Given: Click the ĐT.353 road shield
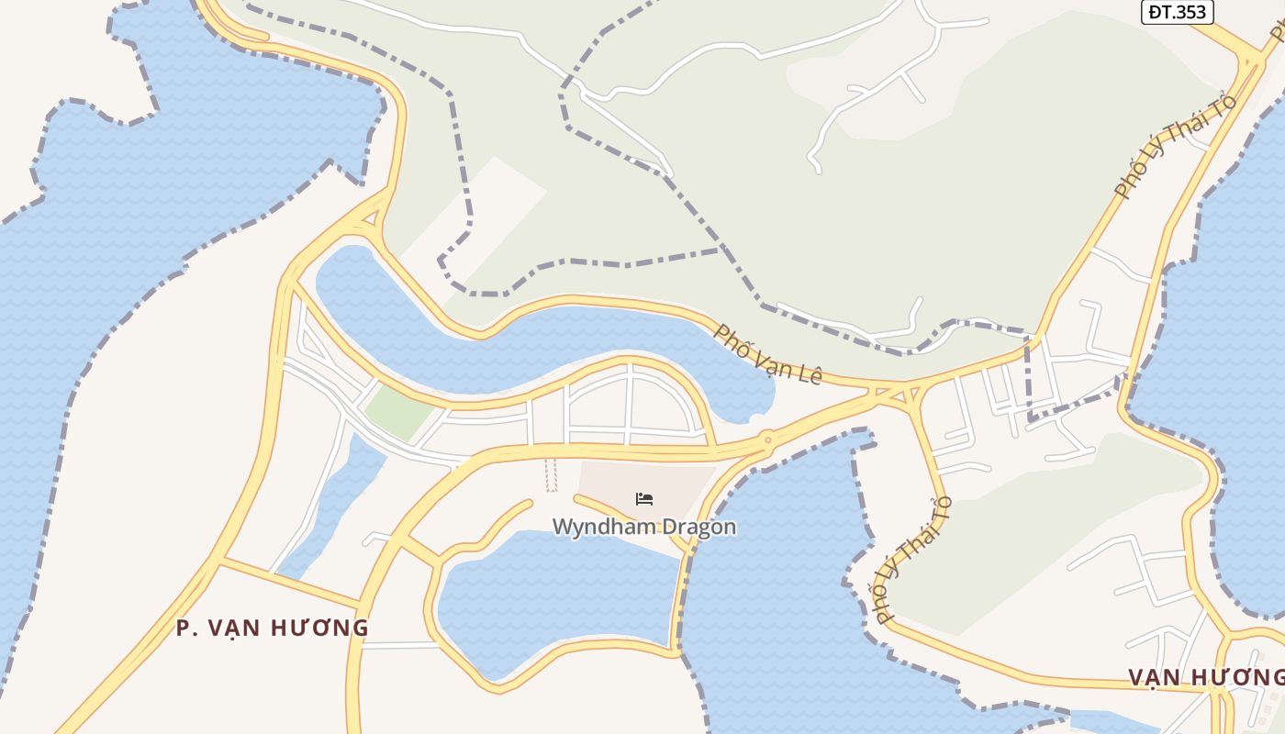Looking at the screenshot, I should (x=1178, y=12).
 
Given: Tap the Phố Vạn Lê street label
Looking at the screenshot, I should (x=767, y=355).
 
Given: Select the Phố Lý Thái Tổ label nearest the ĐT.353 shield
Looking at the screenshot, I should (x=1175, y=147).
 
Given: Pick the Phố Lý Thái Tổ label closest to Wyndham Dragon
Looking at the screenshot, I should (x=911, y=560).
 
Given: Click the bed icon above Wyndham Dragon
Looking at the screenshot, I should (x=644, y=499).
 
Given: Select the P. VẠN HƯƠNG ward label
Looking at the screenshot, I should (x=273, y=628).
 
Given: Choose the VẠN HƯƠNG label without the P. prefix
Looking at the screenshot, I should (x=1205, y=677).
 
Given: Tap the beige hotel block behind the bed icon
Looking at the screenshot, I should (x=679, y=482).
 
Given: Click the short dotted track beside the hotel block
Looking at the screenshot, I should (x=552, y=474).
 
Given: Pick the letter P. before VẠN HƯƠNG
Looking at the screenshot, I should (x=185, y=628).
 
